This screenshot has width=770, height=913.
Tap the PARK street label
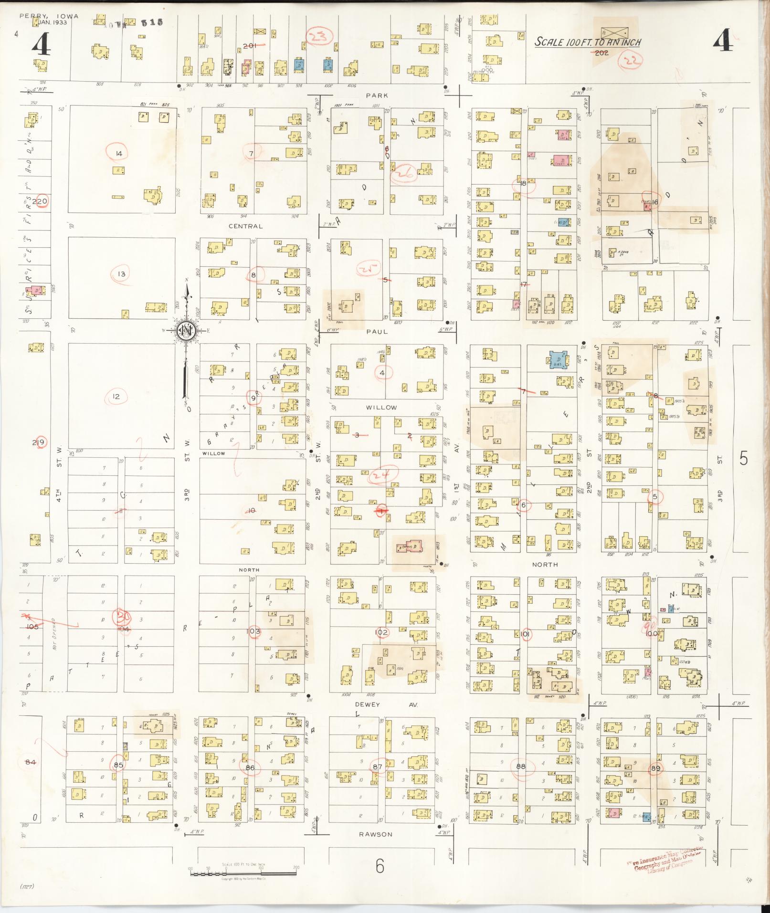pos(377,95)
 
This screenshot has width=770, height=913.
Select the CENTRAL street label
pos(245,226)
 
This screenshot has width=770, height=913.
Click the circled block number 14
pos(119,153)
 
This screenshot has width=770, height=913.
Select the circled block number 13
pos(121,274)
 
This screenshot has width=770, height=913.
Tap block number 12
pos(116,396)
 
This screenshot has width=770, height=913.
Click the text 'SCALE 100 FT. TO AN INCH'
pos(587,42)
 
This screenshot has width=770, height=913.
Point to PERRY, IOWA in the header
pos(49,16)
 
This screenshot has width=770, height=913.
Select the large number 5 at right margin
pos(743,458)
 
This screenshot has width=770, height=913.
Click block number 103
pos(253,631)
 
